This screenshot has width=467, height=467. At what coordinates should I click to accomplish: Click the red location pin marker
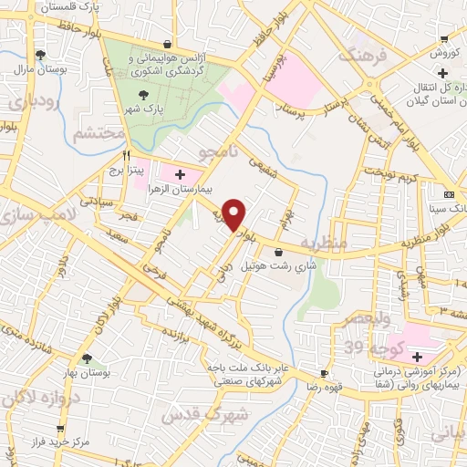tap(236, 213)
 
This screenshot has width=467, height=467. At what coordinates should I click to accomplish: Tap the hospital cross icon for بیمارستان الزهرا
tap(179, 174)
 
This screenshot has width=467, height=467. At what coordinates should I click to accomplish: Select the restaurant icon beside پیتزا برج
tap(129, 155)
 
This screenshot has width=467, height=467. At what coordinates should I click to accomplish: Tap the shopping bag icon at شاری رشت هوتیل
tap(278, 253)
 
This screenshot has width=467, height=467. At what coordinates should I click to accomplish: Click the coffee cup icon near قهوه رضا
tap(323, 374)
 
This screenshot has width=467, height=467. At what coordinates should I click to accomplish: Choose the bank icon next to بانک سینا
tap(448, 194)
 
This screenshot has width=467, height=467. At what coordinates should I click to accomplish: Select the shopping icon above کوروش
tap(444, 39)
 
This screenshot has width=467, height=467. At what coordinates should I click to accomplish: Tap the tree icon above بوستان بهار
tap(87, 358)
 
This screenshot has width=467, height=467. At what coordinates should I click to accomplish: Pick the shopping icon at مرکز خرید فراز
tap(59, 426)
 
